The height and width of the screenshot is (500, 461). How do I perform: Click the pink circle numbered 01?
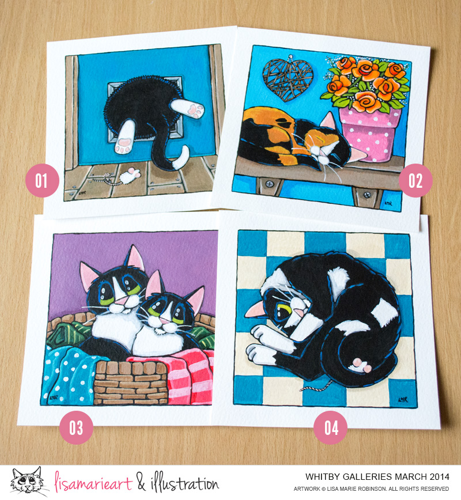[x=42, y=180]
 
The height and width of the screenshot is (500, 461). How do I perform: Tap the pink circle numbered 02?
[x=415, y=180]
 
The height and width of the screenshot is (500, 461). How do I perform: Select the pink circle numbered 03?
[x=76, y=427]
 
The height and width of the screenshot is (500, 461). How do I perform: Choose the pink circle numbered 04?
[x=331, y=427]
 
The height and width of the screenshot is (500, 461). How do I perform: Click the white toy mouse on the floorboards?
[x=130, y=176]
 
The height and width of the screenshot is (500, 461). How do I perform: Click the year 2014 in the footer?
[x=440, y=477]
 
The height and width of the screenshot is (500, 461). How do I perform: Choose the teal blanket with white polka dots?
[x=69, y=374]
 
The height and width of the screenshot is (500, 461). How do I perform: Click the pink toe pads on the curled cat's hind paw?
[x=362, y=365]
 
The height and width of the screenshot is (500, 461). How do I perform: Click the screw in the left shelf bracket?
[x=269, y=184]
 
